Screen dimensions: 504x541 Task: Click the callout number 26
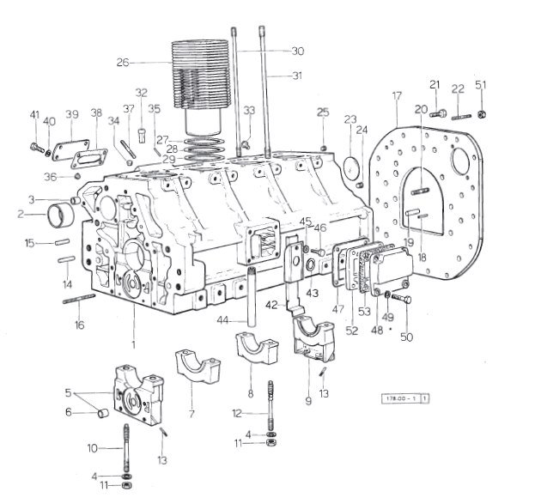click(123, 62)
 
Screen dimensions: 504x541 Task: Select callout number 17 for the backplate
click(396, 96)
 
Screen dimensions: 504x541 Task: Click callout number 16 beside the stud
click(79, 325)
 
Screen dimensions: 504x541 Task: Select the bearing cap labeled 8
click(256, 352)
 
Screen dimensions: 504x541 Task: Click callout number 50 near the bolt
click(406, 337)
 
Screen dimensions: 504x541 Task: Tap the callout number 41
click(34, 115)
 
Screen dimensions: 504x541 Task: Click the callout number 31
click(297, 76)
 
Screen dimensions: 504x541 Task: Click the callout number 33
click(249, 110)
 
